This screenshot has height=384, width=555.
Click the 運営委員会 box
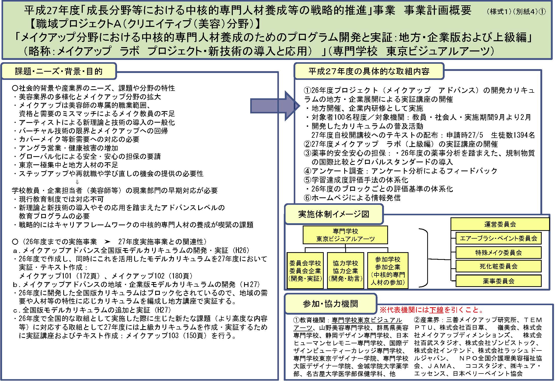coord(500,224)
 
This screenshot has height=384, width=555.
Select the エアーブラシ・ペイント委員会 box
coord(498,238)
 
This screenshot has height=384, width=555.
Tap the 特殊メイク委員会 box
coord(498,253)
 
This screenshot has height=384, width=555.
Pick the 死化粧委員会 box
coord(498,266)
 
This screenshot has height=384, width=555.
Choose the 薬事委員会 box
coord(498,281)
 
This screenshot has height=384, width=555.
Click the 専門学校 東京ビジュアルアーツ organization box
coord(345,235)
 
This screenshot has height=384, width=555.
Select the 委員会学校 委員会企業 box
coord(305,271)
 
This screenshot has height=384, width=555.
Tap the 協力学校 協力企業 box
coord(345,271)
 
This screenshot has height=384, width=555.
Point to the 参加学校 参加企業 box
coord(388,271)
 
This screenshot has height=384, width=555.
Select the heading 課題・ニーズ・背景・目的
coord(59,71)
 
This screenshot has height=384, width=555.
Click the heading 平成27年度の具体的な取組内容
coord(369,71)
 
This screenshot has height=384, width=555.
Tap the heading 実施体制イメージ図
coord(334,214)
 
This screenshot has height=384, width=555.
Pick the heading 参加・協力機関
coord(330,304)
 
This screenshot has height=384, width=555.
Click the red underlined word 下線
coord(436,310)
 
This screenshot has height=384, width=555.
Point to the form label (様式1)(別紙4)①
coord(515,12)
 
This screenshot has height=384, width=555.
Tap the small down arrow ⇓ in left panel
coord(77,182)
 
